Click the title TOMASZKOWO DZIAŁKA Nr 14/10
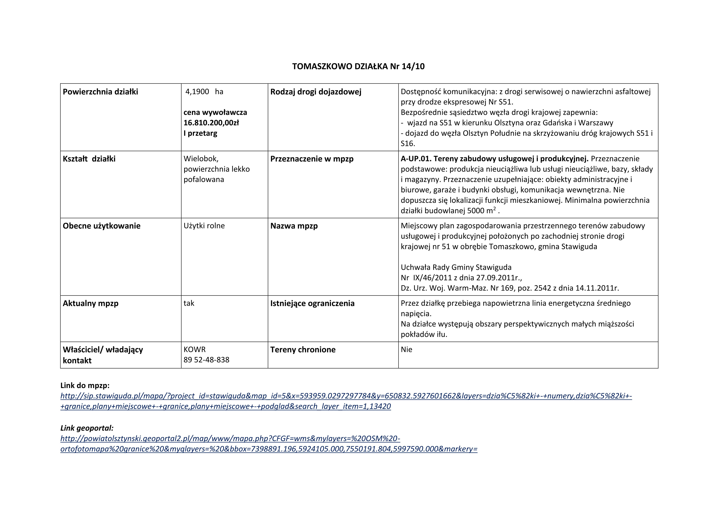358,67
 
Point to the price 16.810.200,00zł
211,123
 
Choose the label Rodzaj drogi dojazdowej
316,92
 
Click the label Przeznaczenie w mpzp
312,159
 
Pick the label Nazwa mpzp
294,226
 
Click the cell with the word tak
189,303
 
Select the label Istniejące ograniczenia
312,303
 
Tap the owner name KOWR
195,350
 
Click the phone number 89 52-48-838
206,360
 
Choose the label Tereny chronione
303,350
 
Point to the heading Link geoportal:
87,428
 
